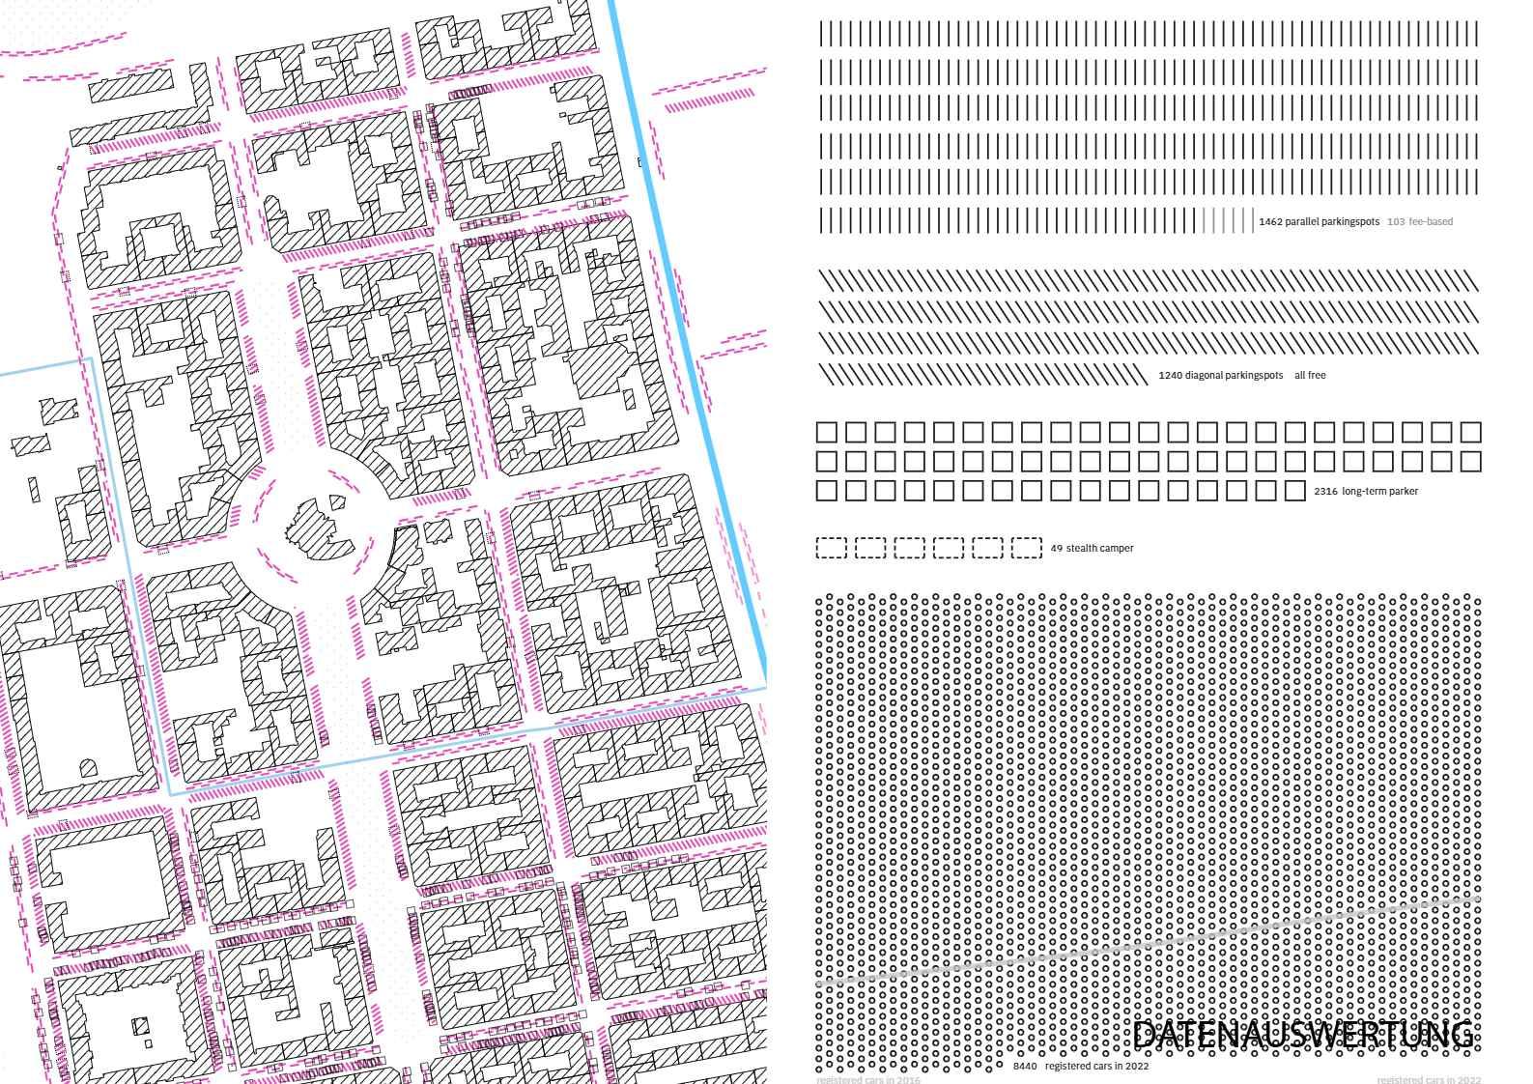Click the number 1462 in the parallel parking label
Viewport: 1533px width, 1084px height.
click(1270, 222)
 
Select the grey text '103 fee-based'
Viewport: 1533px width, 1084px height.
click(1419, 222)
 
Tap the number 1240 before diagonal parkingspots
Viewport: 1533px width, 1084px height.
click(1170, 376)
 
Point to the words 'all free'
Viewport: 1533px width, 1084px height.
click(1310, 376)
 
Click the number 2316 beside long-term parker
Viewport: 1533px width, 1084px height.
click(1325, 492)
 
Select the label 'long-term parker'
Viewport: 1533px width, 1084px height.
click(1379, 492)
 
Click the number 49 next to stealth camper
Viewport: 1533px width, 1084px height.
click(1056, 549)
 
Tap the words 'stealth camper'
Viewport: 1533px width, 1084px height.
click(1099, 549)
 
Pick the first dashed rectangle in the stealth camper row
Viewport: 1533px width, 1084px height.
click(831, 548)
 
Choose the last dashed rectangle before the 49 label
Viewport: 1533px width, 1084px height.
click(1026, 548)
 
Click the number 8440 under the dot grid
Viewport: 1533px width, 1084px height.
click(1025, 1067)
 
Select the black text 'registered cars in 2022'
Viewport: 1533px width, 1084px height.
click(1096, 1067)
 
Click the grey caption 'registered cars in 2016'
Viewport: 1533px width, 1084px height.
click(867, 1080)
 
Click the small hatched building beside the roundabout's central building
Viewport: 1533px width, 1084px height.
click(337, 501)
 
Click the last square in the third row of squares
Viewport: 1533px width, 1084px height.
click(1293, 491)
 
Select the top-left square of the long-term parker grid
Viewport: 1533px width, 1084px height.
click(827, 432)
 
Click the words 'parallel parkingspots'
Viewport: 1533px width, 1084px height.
click(1331, 222)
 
